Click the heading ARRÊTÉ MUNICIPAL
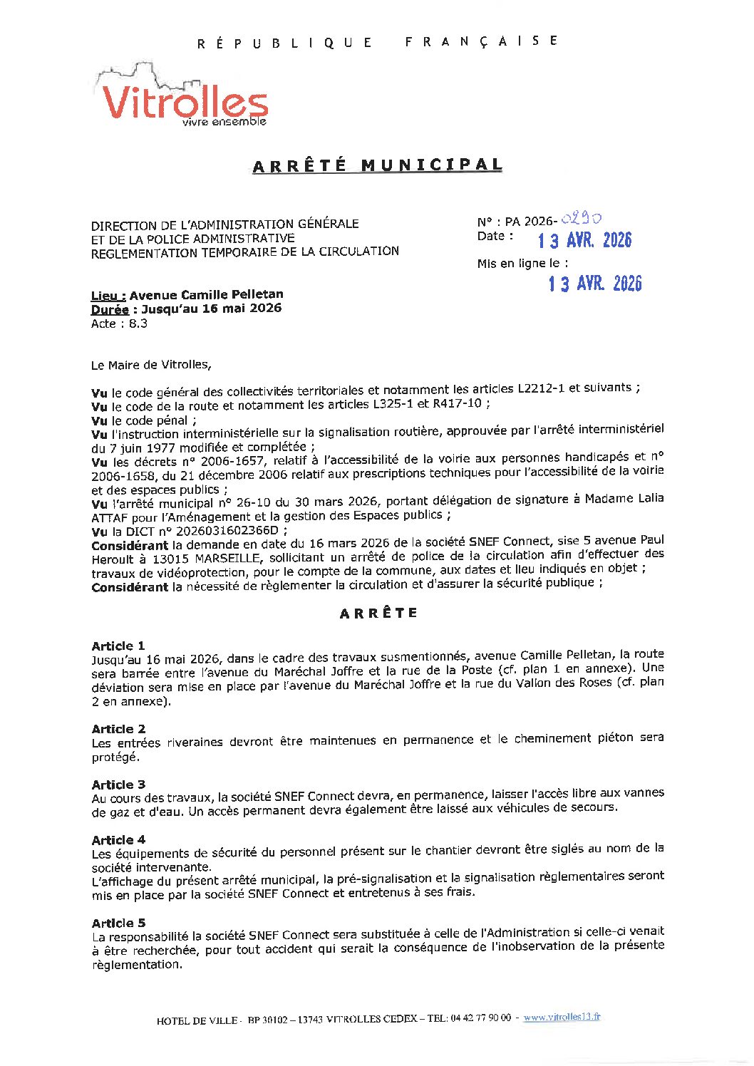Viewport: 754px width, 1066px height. (378, 165)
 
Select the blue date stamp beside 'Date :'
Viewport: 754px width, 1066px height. (584, 240)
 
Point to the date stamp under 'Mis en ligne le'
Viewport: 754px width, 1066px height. (595, 284)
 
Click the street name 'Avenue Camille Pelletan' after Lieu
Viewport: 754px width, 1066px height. (207, 294)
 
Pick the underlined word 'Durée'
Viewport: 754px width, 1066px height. (109, 309)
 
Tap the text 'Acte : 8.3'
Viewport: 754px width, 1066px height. (119, 324)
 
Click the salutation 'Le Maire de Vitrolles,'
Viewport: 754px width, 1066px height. (151, 365)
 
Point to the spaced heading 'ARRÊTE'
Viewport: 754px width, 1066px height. (378, 613)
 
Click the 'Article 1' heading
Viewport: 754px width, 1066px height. (118, 646)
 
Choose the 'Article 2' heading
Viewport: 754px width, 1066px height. (118, 728)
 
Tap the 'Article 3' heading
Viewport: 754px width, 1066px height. (118, 784)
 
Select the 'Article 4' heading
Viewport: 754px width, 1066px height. (118, 839)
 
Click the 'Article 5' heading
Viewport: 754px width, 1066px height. (118, 923)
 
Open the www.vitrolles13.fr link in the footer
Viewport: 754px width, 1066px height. (562, 1017)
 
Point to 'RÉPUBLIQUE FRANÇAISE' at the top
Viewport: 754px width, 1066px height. (377, 42)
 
